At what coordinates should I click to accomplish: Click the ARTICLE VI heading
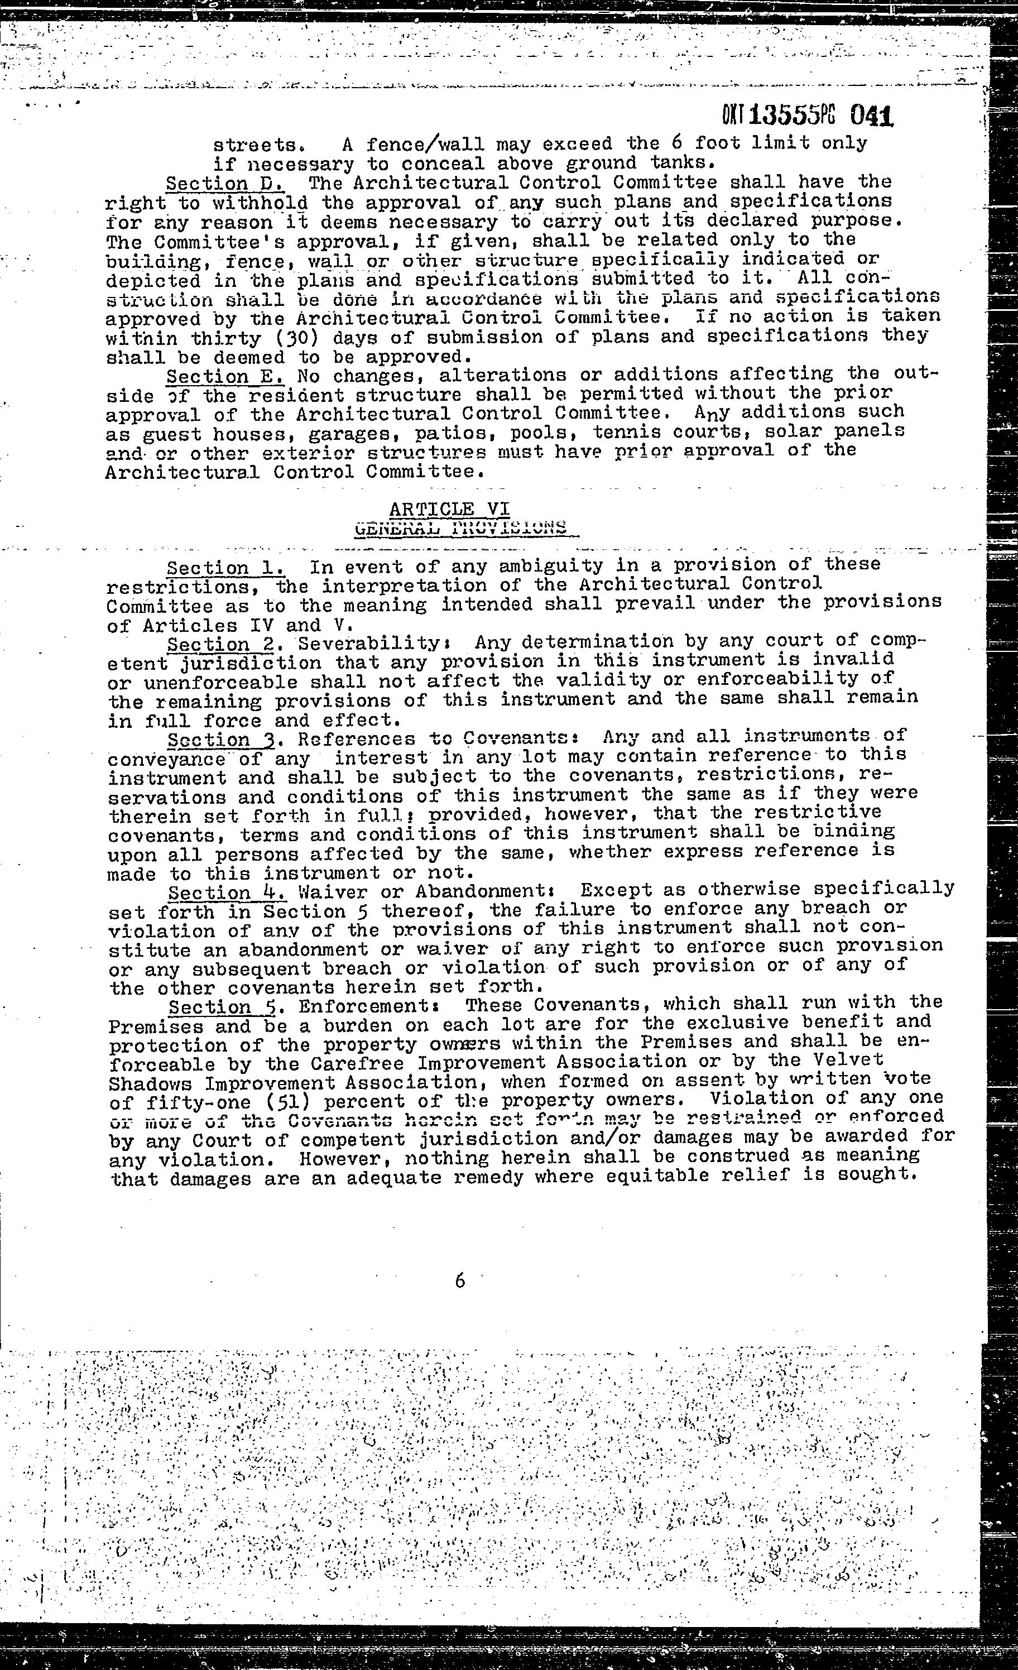click(x=450, y=508)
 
